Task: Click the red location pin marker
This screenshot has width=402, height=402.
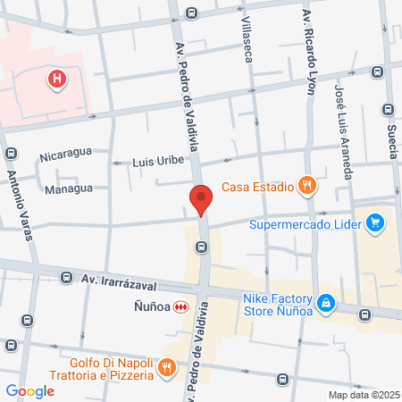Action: point(200,199)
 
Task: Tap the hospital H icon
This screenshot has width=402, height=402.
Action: point(58,80)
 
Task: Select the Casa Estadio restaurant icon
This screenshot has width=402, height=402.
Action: point(307,186)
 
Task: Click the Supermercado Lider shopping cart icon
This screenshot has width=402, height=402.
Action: point(375,223)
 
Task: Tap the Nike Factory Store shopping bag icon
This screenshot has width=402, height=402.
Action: point(326,304)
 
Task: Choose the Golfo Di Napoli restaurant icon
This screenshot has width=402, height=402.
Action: point(165,367)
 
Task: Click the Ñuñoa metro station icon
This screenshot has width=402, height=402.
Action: point(181,306)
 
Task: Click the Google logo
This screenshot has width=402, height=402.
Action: point(29,391)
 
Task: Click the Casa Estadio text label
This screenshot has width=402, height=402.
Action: point(258,186)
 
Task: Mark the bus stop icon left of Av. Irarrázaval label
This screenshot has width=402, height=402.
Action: point(66,278)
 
